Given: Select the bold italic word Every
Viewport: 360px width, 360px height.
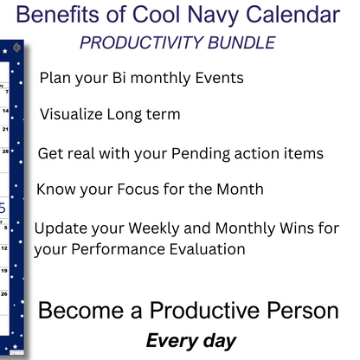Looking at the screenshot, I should point(170,341).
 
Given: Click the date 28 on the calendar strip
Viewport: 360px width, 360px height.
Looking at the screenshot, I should point(6,150).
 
